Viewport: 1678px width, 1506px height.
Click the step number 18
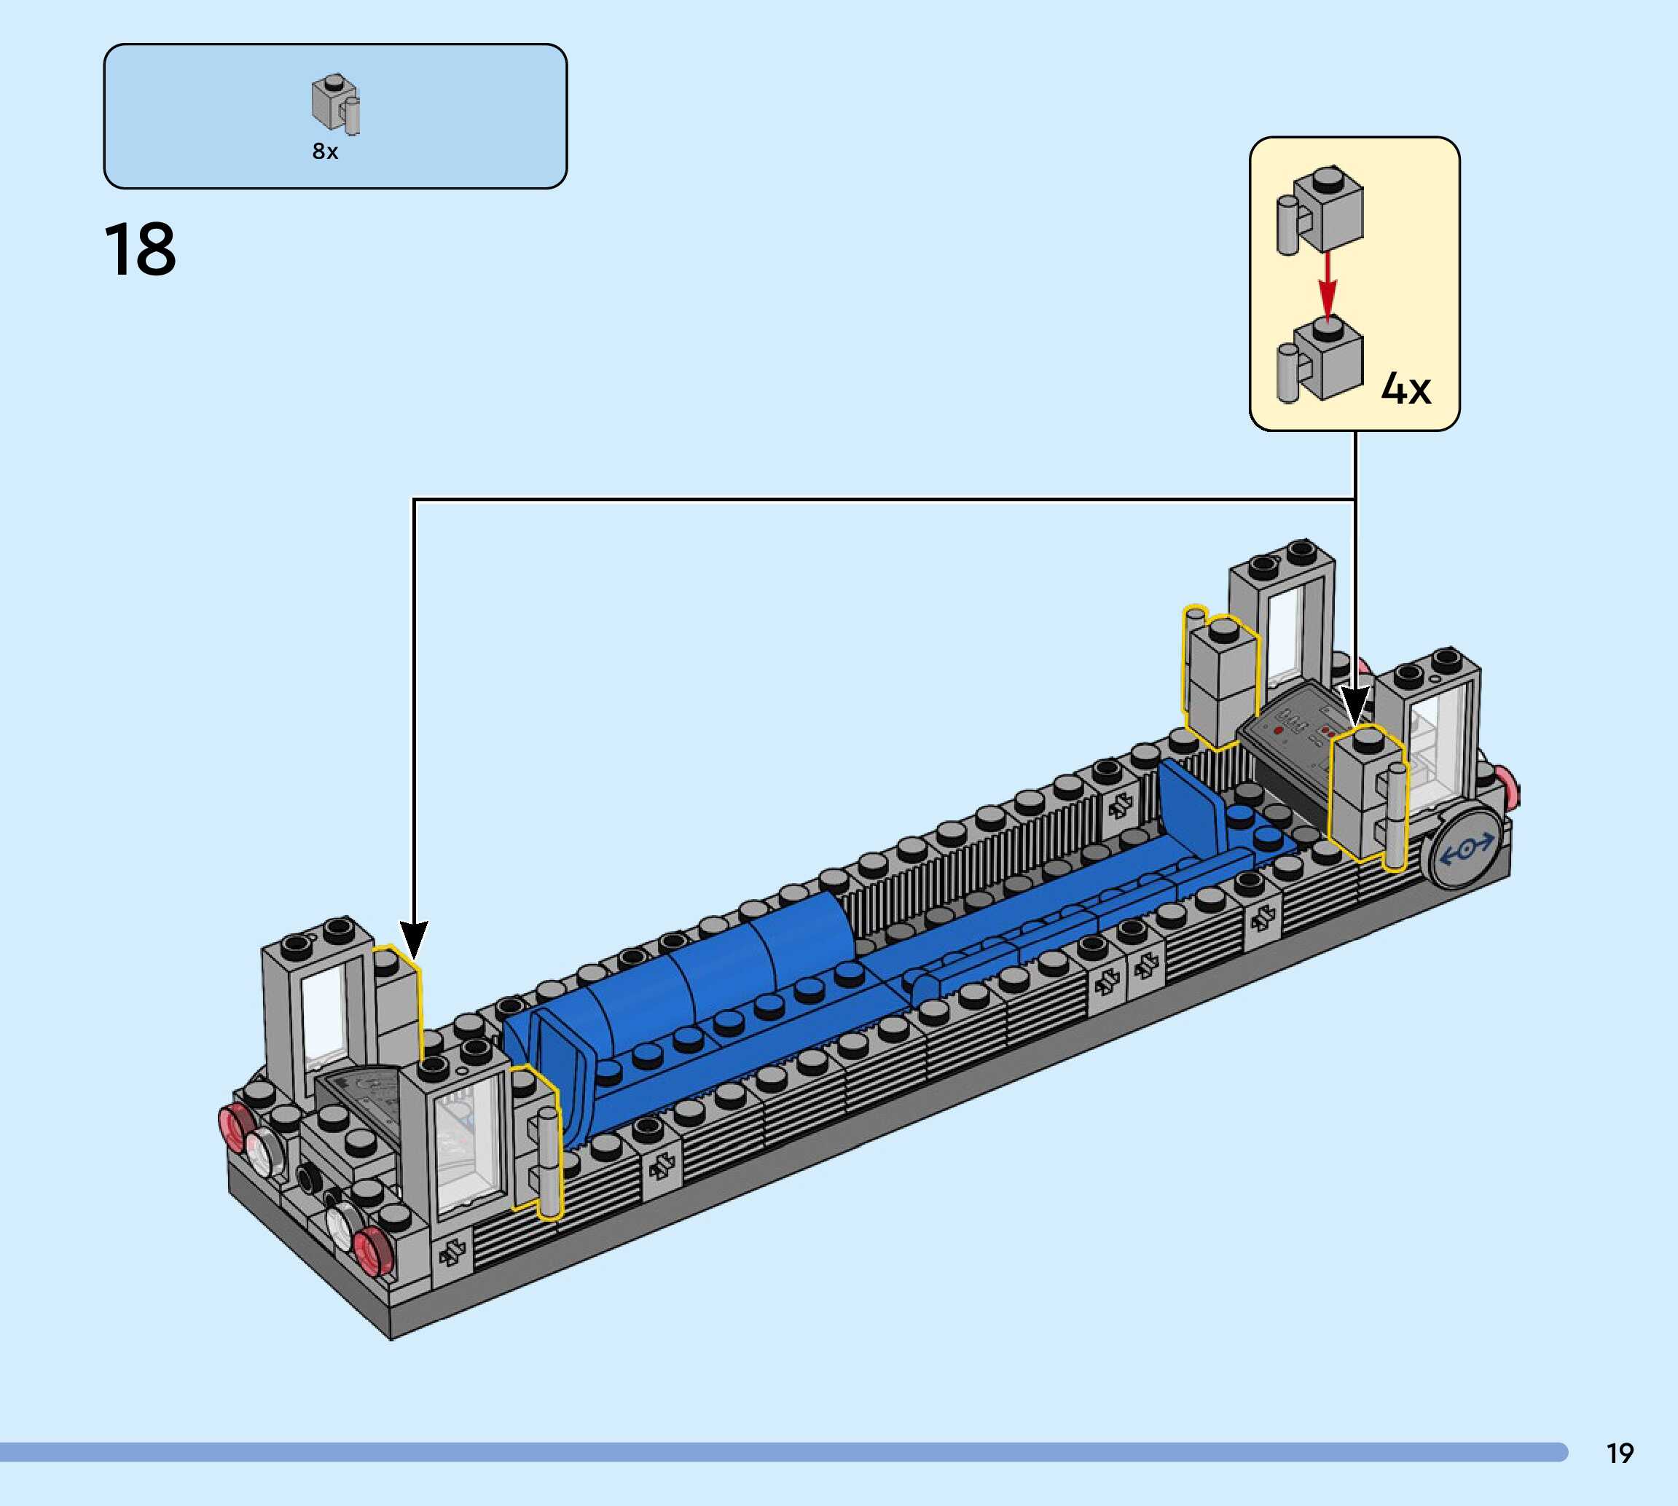(x=140, y=249)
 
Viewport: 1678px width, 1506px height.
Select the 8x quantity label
(x=325, y=152)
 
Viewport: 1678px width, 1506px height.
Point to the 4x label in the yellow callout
(x=1405, y=388)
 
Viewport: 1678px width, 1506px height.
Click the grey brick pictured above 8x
(x=336, y=103)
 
